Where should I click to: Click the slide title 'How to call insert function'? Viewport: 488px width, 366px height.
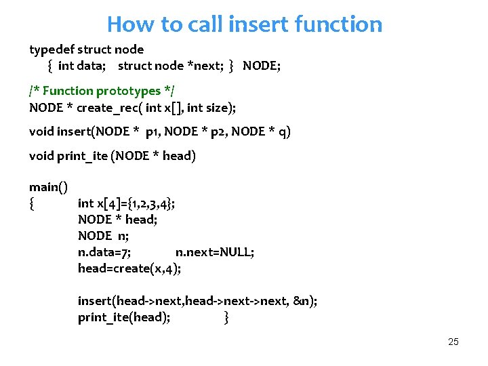tap(245, 24)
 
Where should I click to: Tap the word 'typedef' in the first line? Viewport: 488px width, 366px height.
tap(52, 49)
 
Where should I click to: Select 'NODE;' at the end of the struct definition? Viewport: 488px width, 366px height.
tap(262, 66)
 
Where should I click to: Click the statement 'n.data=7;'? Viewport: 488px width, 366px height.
tap(104, 252)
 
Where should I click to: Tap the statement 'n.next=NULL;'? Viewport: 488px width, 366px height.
tap(215, 252)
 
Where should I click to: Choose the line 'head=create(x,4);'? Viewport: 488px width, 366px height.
tap(129, 268)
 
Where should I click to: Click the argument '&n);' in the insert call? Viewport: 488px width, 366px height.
tap(306, 301)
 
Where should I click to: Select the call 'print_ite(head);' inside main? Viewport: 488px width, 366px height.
tap(124, 317)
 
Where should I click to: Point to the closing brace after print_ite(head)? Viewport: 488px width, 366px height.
tap(226, 317)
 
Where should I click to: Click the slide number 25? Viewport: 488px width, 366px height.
tap(453, 342)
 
